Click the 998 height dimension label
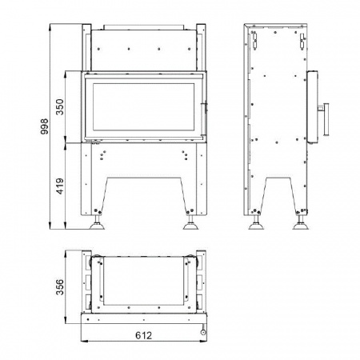44,126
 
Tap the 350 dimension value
60,107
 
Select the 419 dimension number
60,186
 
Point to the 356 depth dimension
60,287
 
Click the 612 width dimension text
144,335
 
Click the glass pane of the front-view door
143,107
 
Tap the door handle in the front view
205,119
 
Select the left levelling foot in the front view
97,222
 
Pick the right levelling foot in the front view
190,222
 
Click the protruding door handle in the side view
325,119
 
